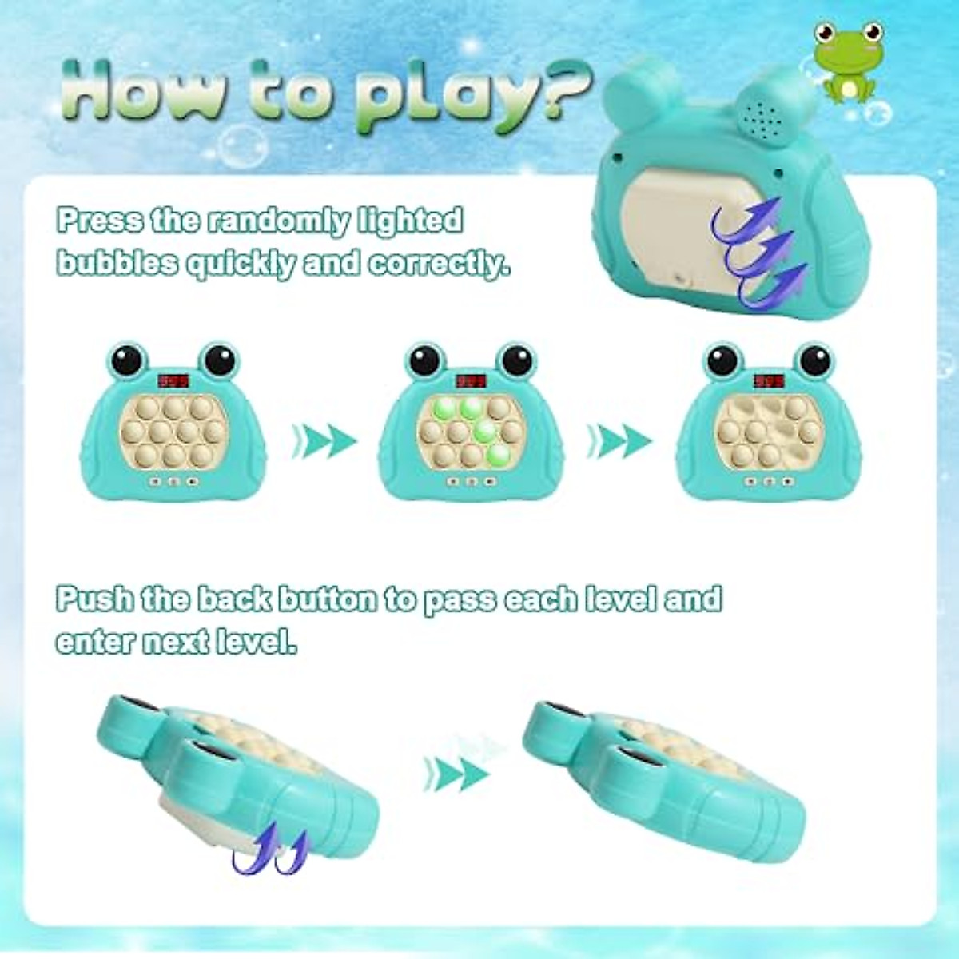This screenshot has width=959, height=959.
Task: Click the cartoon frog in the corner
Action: [x=845, y=62]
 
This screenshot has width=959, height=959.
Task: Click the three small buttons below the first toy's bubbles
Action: [x=173, y=482]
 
